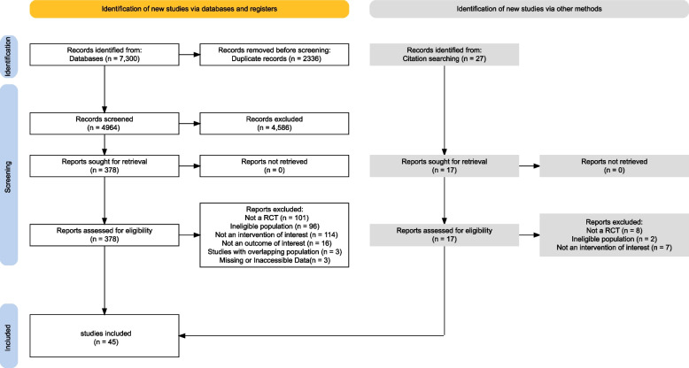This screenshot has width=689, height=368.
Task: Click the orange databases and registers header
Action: point(190,9)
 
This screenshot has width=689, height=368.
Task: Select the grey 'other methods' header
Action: point(529,9)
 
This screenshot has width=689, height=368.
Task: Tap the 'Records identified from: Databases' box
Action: point(105,55)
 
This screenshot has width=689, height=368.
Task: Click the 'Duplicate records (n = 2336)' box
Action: point(275,55)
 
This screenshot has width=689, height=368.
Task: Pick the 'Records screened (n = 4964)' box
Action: point(105,123)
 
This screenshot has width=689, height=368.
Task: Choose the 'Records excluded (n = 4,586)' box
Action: point(275,123)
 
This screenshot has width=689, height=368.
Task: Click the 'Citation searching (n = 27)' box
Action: point(445,55)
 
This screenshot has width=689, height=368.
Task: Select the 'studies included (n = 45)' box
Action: point(105,335)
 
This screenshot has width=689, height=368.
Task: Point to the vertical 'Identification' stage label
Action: point(8,57)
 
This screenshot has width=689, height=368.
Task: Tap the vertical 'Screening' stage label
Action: point(8,177)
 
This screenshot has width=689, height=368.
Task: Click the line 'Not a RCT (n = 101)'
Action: point(277,218)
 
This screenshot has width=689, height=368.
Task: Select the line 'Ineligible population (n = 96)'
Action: point(275,226)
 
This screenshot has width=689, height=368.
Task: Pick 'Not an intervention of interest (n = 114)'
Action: point(276,235)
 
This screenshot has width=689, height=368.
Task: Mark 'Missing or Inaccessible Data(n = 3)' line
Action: point(275,260)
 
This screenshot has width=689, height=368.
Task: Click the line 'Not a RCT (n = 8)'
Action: point(615,231)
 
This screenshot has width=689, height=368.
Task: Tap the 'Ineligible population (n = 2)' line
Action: point(615,239)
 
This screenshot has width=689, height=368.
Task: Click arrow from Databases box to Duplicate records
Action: point(190,55)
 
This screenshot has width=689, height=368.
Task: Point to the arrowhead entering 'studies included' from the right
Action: point(182,335)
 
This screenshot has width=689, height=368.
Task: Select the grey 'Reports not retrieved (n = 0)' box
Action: point(615,166)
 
